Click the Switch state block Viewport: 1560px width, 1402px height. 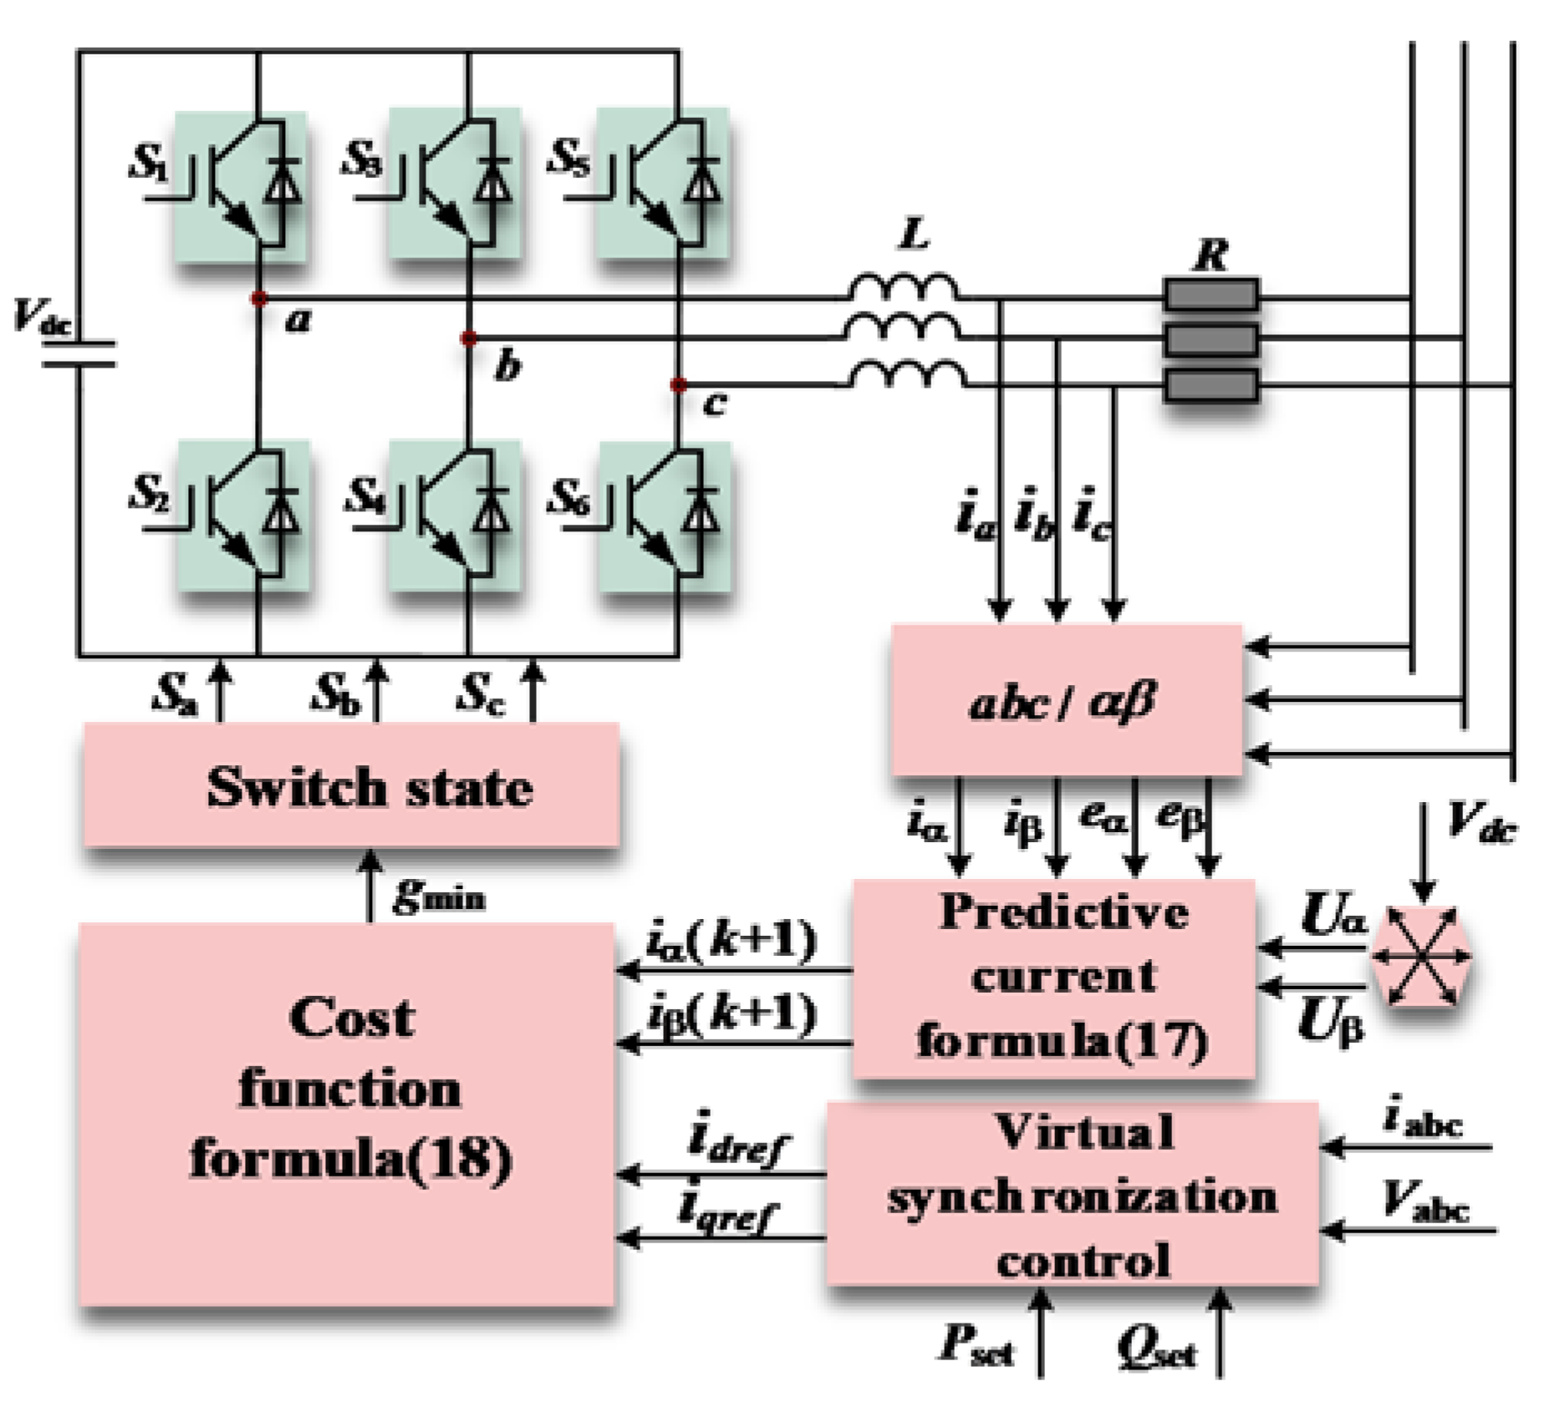tap(351, 785)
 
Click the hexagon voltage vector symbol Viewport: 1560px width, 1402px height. tap(1421, 956)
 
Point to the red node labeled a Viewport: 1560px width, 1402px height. tap(259, 298)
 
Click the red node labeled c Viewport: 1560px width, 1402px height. tap(678, 385)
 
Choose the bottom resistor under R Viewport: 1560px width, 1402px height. tap(1211, 386)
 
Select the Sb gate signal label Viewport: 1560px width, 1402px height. tap(336, 693)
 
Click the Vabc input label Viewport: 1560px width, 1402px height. tap(1425, 1202)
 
